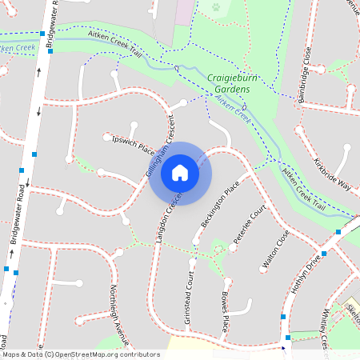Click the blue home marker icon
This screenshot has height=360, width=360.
[x=180, y=173]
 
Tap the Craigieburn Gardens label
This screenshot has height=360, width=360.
[x=229, y=84]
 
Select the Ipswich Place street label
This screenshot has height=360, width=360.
[x=134, y=145]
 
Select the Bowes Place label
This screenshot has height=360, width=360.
[x=225, y=313]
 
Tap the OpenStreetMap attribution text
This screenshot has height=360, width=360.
[x=80, y=354]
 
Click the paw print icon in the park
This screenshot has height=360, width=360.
[x=215, y=6]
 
